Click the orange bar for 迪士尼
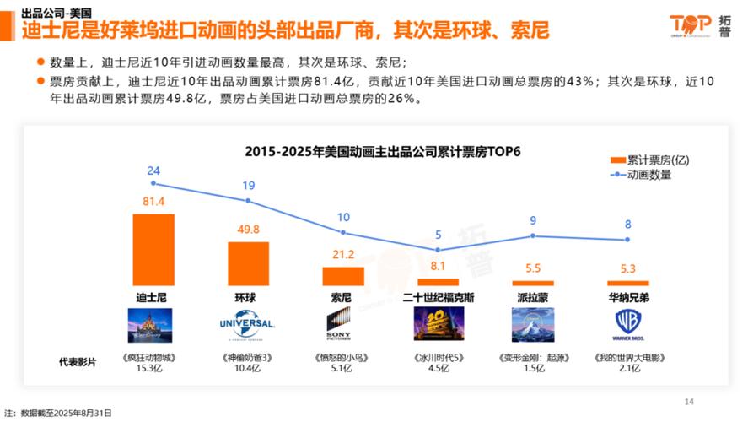tap(153, 250)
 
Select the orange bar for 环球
tap(248, 263)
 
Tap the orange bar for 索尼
tap(343, 276)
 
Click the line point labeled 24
tap(153, 183)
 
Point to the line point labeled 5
tap(439, 250)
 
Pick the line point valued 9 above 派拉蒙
tap(533, 235)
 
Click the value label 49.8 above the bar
tap(248, 230)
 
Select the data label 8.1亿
tap(438, 266)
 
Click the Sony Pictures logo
tap(343, 325)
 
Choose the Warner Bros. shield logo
tap(628, 324)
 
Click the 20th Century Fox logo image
tap(438, 325)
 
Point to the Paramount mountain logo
tap(533, 325)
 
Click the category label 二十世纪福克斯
tap(439, 298)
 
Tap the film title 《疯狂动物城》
tap(153, 357)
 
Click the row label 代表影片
tap(78, 362)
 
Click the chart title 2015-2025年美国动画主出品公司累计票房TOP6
tap(384, 153)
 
